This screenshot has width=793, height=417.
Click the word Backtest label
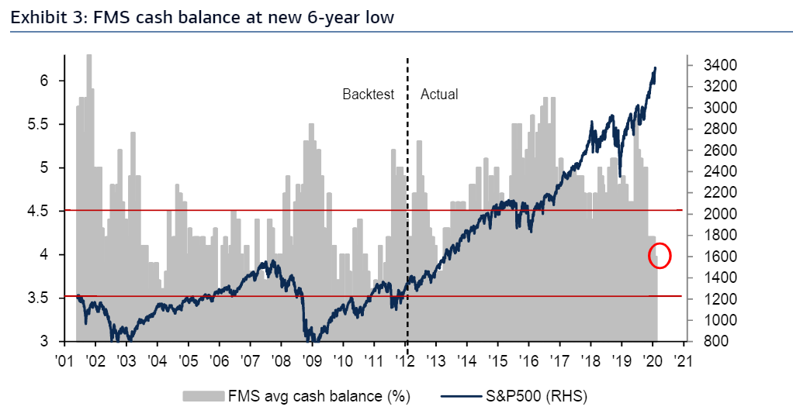tap(369, 95)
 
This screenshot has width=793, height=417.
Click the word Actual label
tap(439, 95)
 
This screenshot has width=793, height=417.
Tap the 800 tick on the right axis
tap(705, 341)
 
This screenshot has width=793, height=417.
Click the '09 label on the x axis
tap(311, 360)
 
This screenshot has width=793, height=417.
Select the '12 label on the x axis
tap(404, 360)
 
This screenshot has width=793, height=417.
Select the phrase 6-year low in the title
tap(350, 16)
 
